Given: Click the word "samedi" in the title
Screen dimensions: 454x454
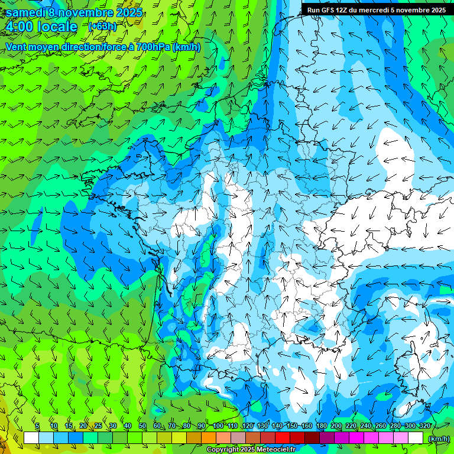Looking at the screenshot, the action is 26,12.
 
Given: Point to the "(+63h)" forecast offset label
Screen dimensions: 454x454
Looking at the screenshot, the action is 102,27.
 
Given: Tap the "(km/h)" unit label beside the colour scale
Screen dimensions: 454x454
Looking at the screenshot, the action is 439,439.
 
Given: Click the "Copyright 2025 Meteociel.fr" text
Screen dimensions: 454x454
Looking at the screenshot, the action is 251,450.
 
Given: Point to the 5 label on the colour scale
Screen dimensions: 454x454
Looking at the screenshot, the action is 37,426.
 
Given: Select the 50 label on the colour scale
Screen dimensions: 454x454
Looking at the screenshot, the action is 142,426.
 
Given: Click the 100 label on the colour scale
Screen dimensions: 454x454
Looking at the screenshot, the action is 218,426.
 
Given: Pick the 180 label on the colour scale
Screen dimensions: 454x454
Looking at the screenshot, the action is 321,426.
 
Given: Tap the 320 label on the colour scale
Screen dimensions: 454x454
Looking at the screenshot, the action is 425,426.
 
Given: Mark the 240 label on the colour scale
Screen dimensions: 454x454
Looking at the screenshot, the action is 365,426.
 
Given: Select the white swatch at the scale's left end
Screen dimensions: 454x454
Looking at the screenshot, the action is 31,438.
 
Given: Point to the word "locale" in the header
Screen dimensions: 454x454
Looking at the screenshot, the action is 57,27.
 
